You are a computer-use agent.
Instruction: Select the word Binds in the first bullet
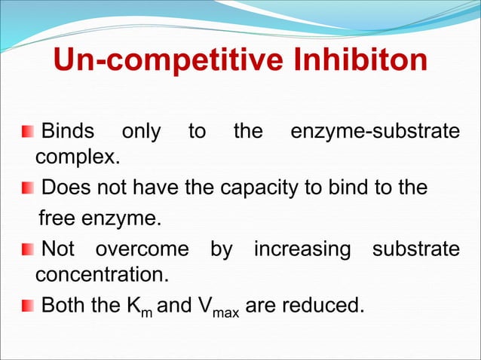[68, 133]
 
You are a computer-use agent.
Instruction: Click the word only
[141, 133]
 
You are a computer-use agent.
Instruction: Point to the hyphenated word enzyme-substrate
[375, 133]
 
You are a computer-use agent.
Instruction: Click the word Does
[65, 187]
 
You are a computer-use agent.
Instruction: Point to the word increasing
[302, 248]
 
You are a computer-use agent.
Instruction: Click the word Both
[66, 306]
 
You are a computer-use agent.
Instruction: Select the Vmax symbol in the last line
[219, 308]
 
